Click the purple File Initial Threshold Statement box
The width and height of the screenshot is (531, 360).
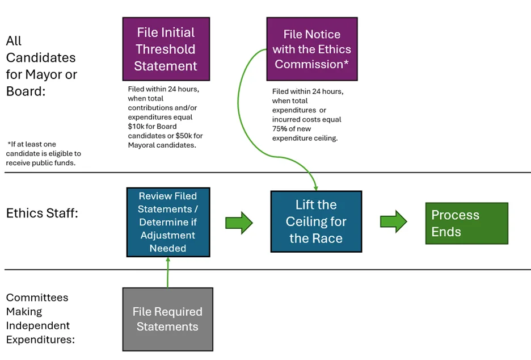coord(166,49)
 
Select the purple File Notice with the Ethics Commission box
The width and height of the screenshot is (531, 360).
coord(312,49)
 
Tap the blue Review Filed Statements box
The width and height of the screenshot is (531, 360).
coord(168,222)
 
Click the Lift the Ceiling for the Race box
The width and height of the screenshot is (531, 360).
coord(317,221)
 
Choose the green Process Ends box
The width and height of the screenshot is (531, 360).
coord(467,223)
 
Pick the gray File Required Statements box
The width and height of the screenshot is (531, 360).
coord(167,319)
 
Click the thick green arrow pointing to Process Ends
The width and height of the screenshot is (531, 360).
coord(394,221)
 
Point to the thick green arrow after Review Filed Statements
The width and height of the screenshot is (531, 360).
coord(239,223)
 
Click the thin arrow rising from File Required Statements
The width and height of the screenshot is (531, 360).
coord(168,273)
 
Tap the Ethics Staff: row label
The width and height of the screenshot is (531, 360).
coord(42,214)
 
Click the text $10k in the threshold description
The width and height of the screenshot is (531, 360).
coord(136,127)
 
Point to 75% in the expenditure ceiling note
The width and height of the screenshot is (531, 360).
coord(279,129)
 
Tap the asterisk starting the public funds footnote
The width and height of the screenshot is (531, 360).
coord(9,144)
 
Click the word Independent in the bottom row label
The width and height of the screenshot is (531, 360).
coord(38,325)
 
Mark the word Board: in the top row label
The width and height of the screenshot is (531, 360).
coord(26,91)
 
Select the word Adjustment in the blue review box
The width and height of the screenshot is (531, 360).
coord(167,235)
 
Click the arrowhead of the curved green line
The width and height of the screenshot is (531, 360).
coord(315,188)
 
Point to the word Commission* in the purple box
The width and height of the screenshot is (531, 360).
coord(311,64)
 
